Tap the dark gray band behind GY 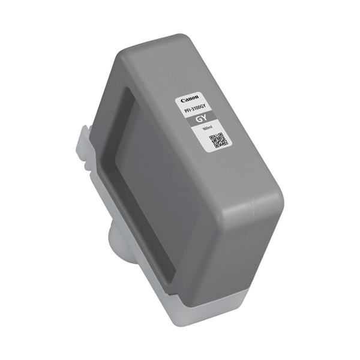(x=204, y=122)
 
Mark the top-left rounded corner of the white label (x=178, y=96)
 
